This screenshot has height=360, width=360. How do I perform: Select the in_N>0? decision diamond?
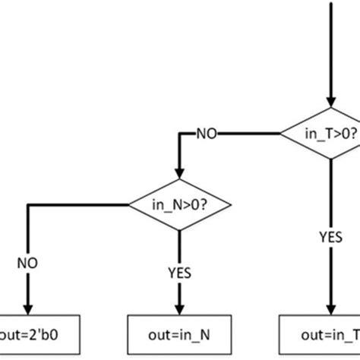coord(178,203)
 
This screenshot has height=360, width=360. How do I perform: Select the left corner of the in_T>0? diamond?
coord(281,134)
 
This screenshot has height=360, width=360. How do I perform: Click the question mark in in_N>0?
coord(205,203)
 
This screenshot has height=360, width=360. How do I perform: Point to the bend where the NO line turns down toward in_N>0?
coord(178,134)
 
